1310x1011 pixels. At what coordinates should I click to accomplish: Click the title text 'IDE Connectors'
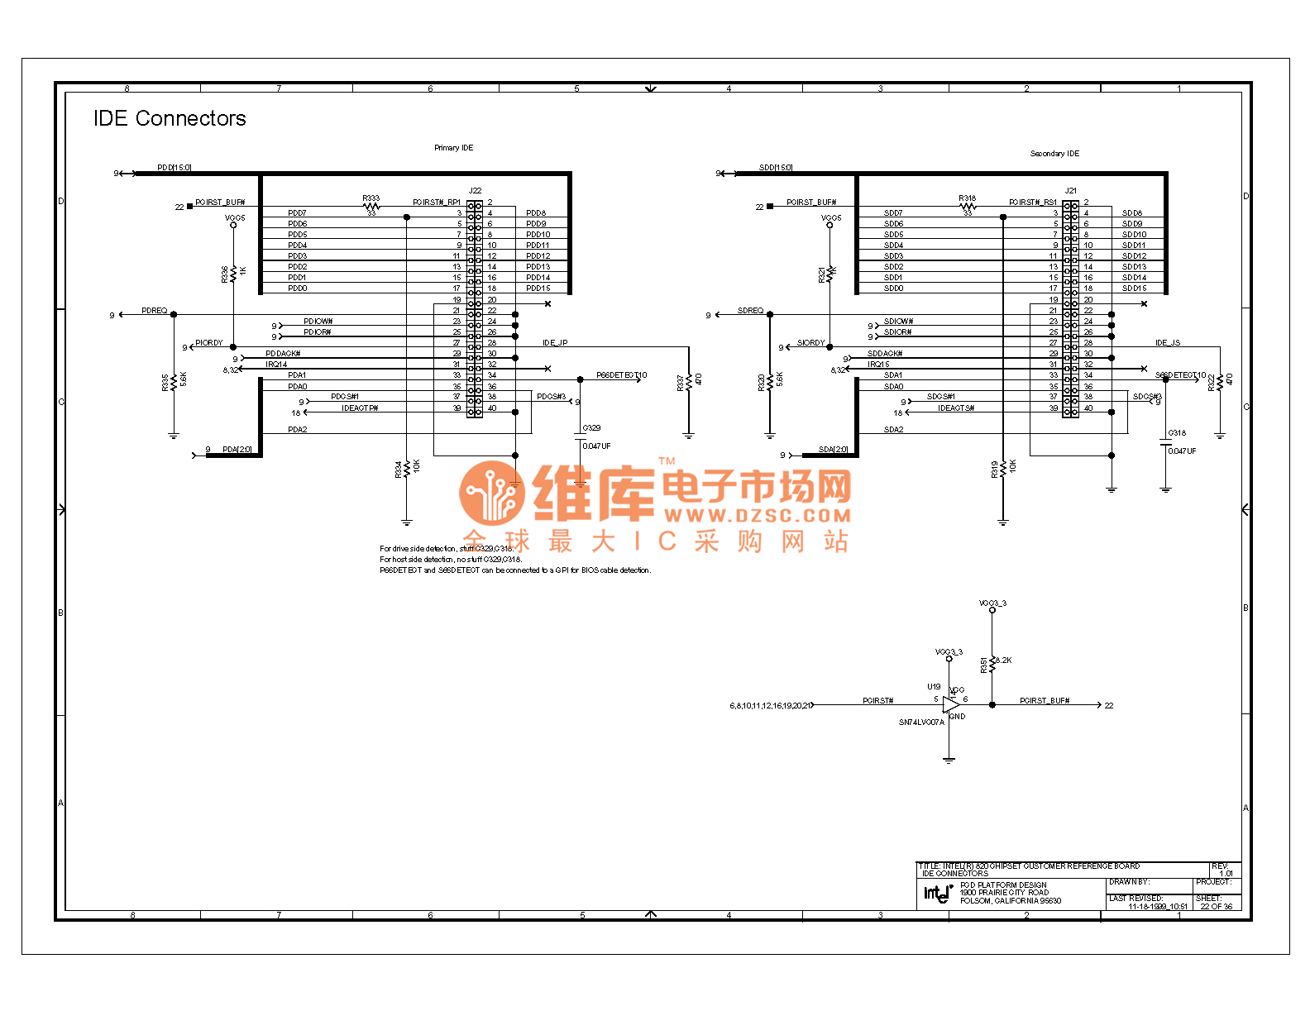[170, 119]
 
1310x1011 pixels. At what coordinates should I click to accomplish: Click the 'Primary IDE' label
[453, 148]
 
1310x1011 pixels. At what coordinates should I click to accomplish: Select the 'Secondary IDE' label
[1054, 154]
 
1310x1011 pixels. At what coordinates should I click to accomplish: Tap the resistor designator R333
[371, 198]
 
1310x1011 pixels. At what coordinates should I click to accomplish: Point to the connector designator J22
[475, 191]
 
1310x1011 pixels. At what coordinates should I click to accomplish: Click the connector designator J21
[1071, 191]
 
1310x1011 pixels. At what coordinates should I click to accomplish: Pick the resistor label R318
[967, 198]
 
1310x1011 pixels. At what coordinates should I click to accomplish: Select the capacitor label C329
[591, 428]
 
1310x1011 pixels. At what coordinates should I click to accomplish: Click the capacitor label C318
[1177, 433]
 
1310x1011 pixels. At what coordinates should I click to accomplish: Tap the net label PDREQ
[154, 311]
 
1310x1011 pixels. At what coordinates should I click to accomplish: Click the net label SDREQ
[750, 311]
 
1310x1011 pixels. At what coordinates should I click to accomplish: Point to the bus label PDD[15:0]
[175, 168]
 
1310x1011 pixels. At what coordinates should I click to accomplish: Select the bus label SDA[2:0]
[833, 450]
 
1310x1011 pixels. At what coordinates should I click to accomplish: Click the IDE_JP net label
[555, 343]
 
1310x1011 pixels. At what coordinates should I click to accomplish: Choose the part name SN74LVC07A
[921, 722]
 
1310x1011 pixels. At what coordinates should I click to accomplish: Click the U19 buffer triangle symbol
[951, 705]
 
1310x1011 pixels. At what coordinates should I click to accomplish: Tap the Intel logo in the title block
[938, 893]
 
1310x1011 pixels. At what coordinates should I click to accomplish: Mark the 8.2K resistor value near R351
[1003, 660]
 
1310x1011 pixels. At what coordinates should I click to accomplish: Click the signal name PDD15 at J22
[538, 289]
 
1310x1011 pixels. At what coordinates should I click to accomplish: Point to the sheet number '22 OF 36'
[1216, 907]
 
